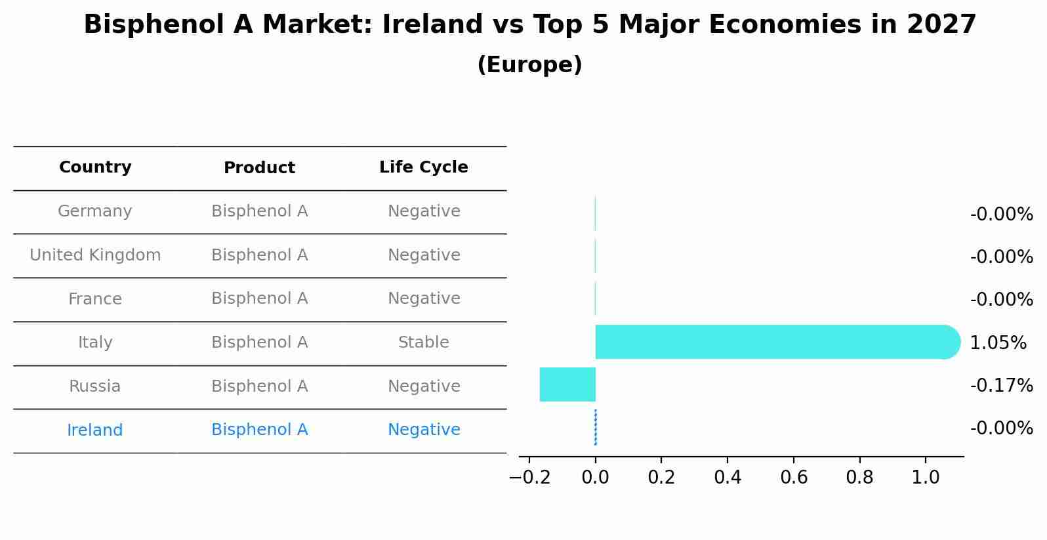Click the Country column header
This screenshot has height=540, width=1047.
tap(95, 167)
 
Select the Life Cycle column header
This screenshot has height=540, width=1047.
tap(424, 167)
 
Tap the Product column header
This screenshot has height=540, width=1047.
tap(259, 168)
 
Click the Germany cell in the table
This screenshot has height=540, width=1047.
tap(95, 211)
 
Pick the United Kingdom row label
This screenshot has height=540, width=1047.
tap(95, 255)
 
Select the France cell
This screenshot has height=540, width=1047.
tap(95, 299)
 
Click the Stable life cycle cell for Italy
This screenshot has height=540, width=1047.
tap(424, 343)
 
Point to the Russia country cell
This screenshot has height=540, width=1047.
tap(95, 386)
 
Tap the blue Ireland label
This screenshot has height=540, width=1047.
tap(95, 430)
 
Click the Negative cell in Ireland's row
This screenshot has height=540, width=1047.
tap(424, 430)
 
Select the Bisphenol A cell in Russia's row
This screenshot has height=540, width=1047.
tap(259, 386)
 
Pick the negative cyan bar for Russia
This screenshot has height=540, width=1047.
tap(567, 384)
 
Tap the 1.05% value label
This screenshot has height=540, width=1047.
tap(998, 343)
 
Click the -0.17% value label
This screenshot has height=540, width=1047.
tap(1001, 385)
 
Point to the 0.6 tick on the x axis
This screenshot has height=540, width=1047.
tap(793, 477)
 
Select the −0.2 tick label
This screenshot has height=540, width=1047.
tap(529, 477)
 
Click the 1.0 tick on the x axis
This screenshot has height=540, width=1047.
tap(926, 477)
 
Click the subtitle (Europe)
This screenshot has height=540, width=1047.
tap(529, 65)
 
